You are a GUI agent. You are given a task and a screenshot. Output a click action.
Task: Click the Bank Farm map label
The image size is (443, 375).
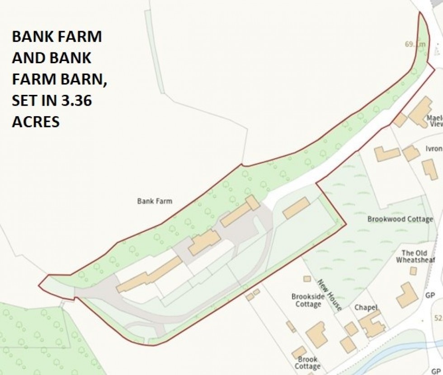click(155, 201)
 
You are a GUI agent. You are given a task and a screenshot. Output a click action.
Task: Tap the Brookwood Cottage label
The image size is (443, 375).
click(400, 219)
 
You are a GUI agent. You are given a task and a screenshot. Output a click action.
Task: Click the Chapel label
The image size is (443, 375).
click(366, 308)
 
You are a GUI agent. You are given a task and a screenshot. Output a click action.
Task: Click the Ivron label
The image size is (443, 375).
click(434, 149)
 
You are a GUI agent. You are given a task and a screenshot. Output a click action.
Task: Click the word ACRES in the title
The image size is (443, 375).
click(36, 122)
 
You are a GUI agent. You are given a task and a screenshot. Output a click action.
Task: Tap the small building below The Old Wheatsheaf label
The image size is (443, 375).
click(413, 270)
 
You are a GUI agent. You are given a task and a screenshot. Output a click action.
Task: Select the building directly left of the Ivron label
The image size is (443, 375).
click(411, 153)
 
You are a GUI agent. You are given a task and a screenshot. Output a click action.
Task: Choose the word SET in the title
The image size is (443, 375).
click(25, 101)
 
